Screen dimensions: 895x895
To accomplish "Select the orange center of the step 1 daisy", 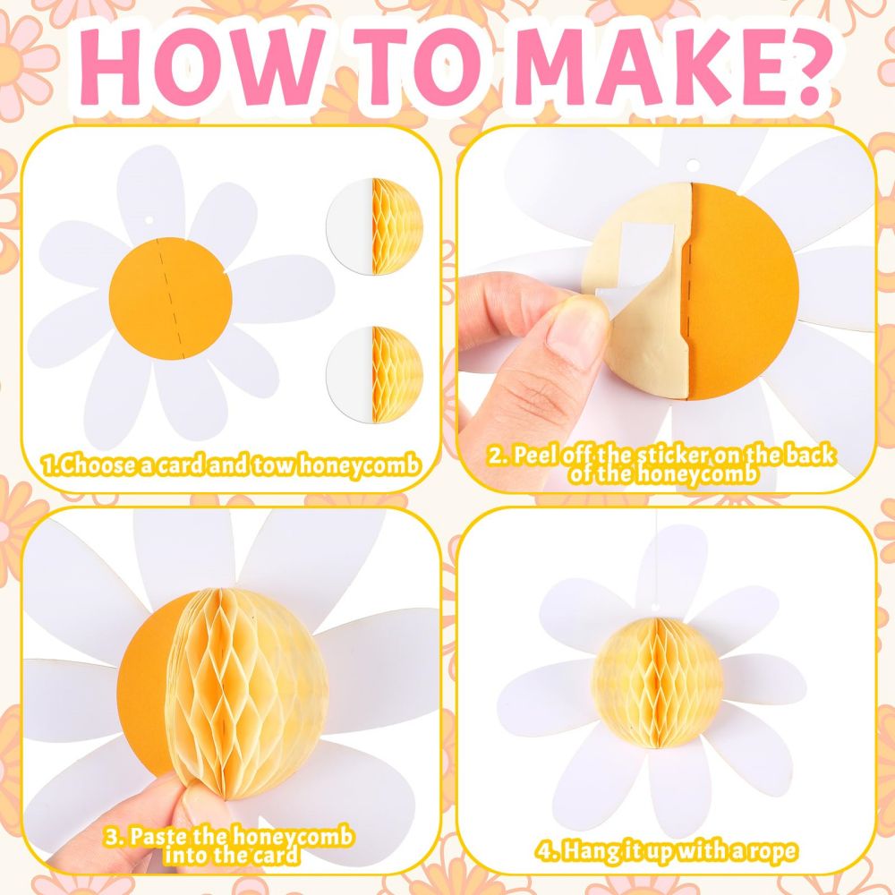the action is (x=171, y=298).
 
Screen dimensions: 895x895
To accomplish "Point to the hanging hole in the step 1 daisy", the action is (x=149, y=220).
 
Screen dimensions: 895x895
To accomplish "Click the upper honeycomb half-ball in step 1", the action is (x=397, y=226).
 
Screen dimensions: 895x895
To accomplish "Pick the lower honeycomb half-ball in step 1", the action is (x=397, y=374).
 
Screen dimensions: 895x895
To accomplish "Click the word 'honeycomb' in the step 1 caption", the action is (x=359, y=465).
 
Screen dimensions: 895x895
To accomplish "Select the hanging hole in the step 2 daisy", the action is (x=693, y=166).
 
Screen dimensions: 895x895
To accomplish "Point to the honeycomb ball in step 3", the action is (x=247, y=695).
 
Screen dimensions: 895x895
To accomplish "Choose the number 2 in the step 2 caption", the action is (x=496, y=456).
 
